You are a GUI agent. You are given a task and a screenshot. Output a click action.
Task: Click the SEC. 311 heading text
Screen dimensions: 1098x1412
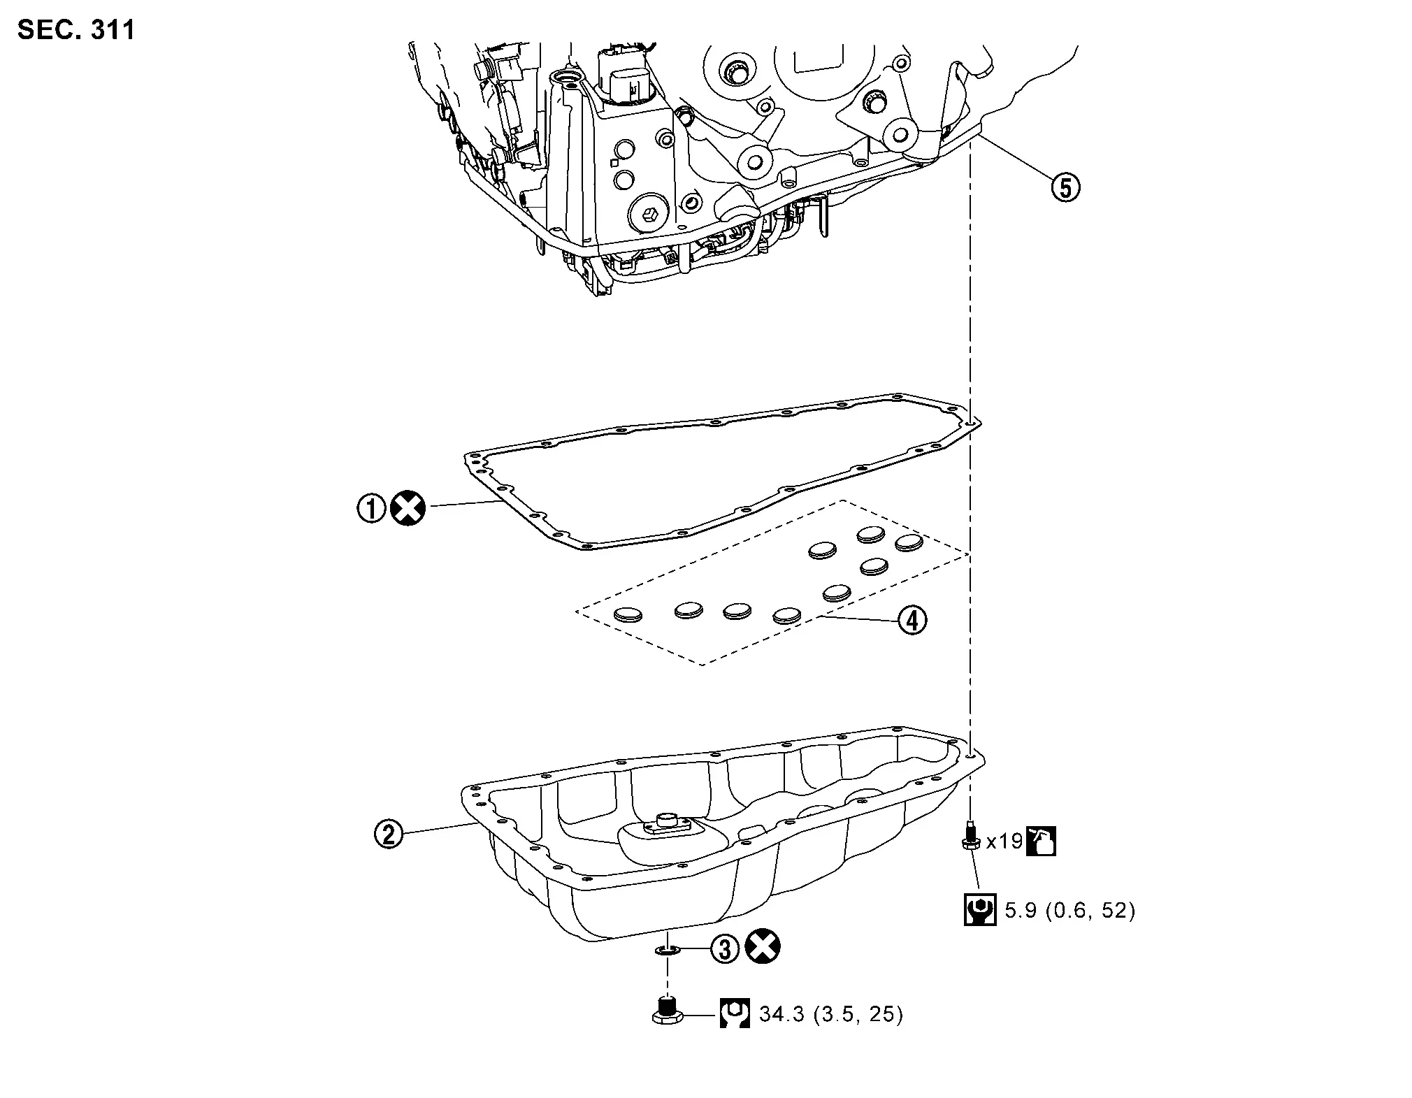tap(76, 30)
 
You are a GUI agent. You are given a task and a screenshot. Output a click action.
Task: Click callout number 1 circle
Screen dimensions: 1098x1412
tap(371, 508)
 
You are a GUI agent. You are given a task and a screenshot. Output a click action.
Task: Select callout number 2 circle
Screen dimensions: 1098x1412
tap(389, 833)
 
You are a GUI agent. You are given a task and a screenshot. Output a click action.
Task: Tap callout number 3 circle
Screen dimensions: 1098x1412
tap(725, 948)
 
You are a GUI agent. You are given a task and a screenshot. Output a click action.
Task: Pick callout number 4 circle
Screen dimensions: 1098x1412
tap(912, 620)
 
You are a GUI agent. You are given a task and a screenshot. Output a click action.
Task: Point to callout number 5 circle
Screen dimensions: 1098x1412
tap(1065, 187)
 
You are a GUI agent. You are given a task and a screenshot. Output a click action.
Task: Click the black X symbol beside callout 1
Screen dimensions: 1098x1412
tap(408, 508)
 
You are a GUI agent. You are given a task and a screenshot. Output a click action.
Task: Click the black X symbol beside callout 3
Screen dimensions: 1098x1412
tap(763, 948)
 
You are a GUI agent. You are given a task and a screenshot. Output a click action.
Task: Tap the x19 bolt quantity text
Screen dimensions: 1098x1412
tap(1004, 841)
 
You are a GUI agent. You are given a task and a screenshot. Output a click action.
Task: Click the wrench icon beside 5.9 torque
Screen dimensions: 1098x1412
tap(980, 909)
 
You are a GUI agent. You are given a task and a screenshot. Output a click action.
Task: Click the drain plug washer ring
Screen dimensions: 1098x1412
tap(667, 950)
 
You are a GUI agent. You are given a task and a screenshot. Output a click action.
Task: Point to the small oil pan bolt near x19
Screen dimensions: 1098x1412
tap(970, 837)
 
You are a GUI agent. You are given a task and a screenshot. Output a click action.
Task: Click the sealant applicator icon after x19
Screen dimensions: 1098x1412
tap(1040, 841)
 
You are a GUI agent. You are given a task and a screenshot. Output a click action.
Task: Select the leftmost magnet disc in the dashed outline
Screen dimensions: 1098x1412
tap(627, 614)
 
